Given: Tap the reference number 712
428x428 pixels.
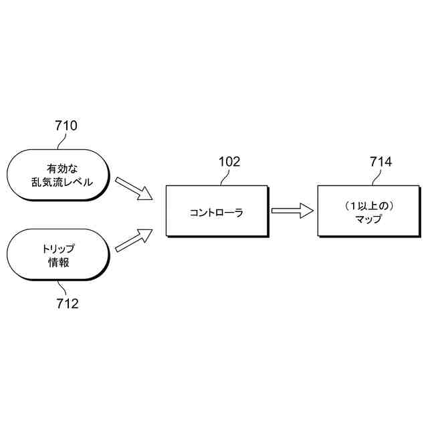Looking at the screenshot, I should [x=66, y=304].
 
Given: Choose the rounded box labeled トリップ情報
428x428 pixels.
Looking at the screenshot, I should [x=56, y=256].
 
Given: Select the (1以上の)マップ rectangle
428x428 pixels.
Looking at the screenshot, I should [x=368, y=211].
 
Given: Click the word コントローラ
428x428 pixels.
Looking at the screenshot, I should [x=215, y=213].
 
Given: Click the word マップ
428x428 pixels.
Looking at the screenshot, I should [x=368, y=219].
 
